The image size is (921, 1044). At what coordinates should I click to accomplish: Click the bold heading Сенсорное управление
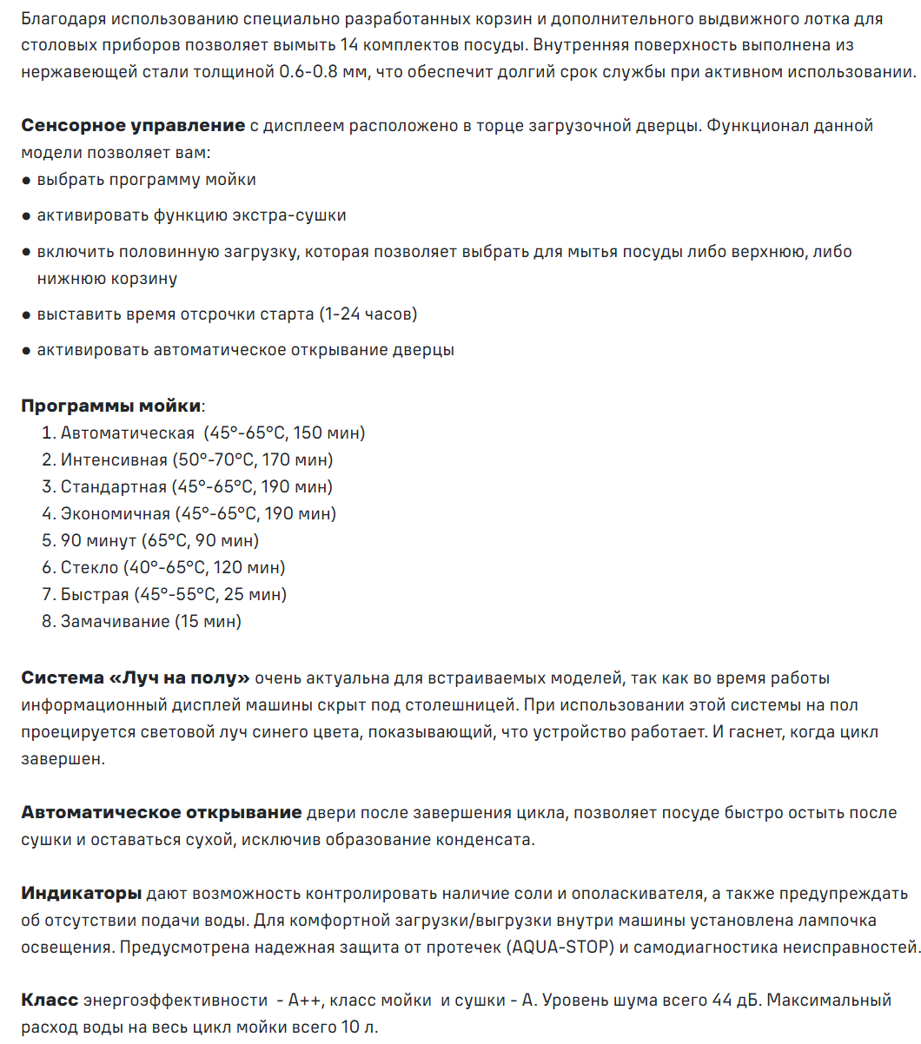(x=133, y=125)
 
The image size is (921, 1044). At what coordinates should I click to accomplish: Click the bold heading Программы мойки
(x=111, y=406)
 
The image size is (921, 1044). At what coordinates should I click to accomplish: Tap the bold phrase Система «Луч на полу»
(x=136, y=677)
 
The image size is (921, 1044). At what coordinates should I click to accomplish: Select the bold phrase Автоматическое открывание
(x=162, y=812)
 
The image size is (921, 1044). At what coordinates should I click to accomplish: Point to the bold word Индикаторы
(x=81, y=893)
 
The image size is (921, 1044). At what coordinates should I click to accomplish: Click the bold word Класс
(x=50, y=1001)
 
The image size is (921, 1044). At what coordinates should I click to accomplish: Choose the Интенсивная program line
(x=188, y=459)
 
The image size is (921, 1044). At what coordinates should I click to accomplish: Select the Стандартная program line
(x=188, y=486)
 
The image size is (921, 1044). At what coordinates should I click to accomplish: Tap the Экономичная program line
(x=189, y=513)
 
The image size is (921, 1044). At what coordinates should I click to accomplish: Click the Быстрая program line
(x=164, y=594)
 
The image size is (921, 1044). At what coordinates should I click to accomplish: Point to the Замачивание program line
(x=142, y=621)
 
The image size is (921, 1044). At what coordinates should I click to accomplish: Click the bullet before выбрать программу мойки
(x=26, y=180)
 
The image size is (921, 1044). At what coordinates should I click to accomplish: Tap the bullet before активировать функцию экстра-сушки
(x=26, y=215)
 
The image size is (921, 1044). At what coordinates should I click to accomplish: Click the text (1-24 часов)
(x=368, y=314)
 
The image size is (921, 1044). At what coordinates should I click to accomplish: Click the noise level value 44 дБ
(x=735, y=1001)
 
